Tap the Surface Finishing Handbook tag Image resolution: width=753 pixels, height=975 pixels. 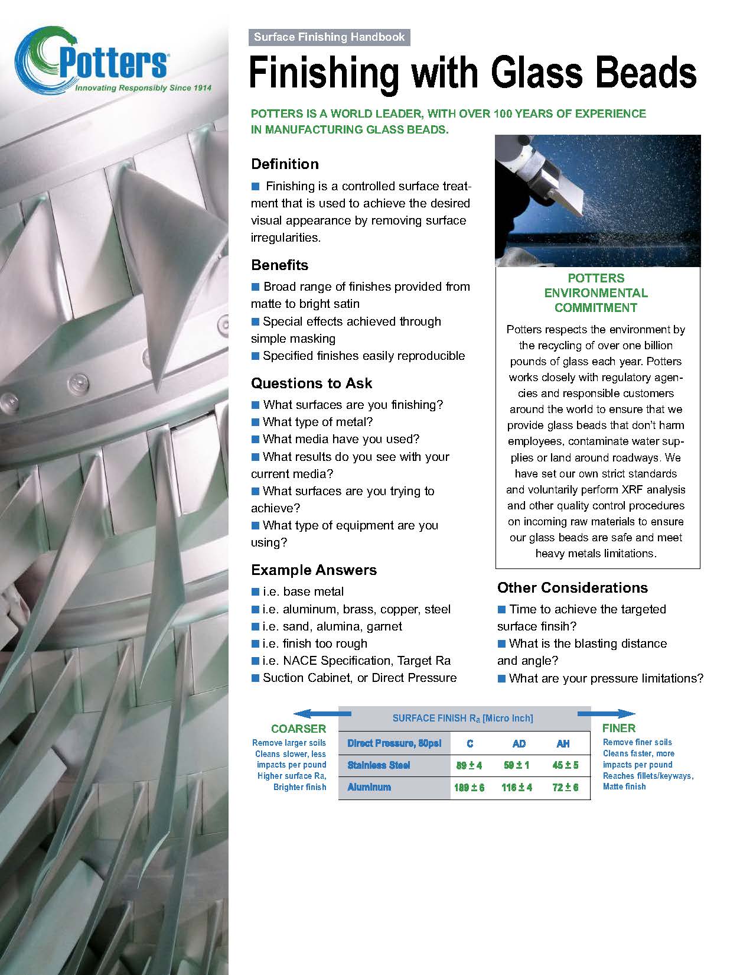coord(329,37)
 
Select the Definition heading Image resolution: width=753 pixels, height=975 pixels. coord(285,164)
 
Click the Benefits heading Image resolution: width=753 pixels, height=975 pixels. coord(279,265)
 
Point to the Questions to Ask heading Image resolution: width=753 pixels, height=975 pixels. coord(311,383)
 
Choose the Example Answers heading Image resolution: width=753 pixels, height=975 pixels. coord(314,570)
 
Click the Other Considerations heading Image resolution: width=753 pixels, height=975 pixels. coord(572,587)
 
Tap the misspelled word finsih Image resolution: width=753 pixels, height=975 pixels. coord(555,626)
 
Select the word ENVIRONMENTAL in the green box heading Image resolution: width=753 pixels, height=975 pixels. coord(596,293)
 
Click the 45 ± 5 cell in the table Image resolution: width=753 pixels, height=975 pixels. coord(565,765)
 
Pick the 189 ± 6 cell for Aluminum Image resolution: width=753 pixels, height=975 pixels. coord(469,787)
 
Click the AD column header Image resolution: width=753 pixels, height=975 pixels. coord(519,743)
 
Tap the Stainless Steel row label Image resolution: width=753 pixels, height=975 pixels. coord(379,765)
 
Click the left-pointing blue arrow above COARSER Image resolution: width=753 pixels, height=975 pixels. coord(316,713)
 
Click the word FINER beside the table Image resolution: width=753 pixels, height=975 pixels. coord(619,728)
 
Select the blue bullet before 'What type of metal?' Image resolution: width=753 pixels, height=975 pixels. coord(256,422)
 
